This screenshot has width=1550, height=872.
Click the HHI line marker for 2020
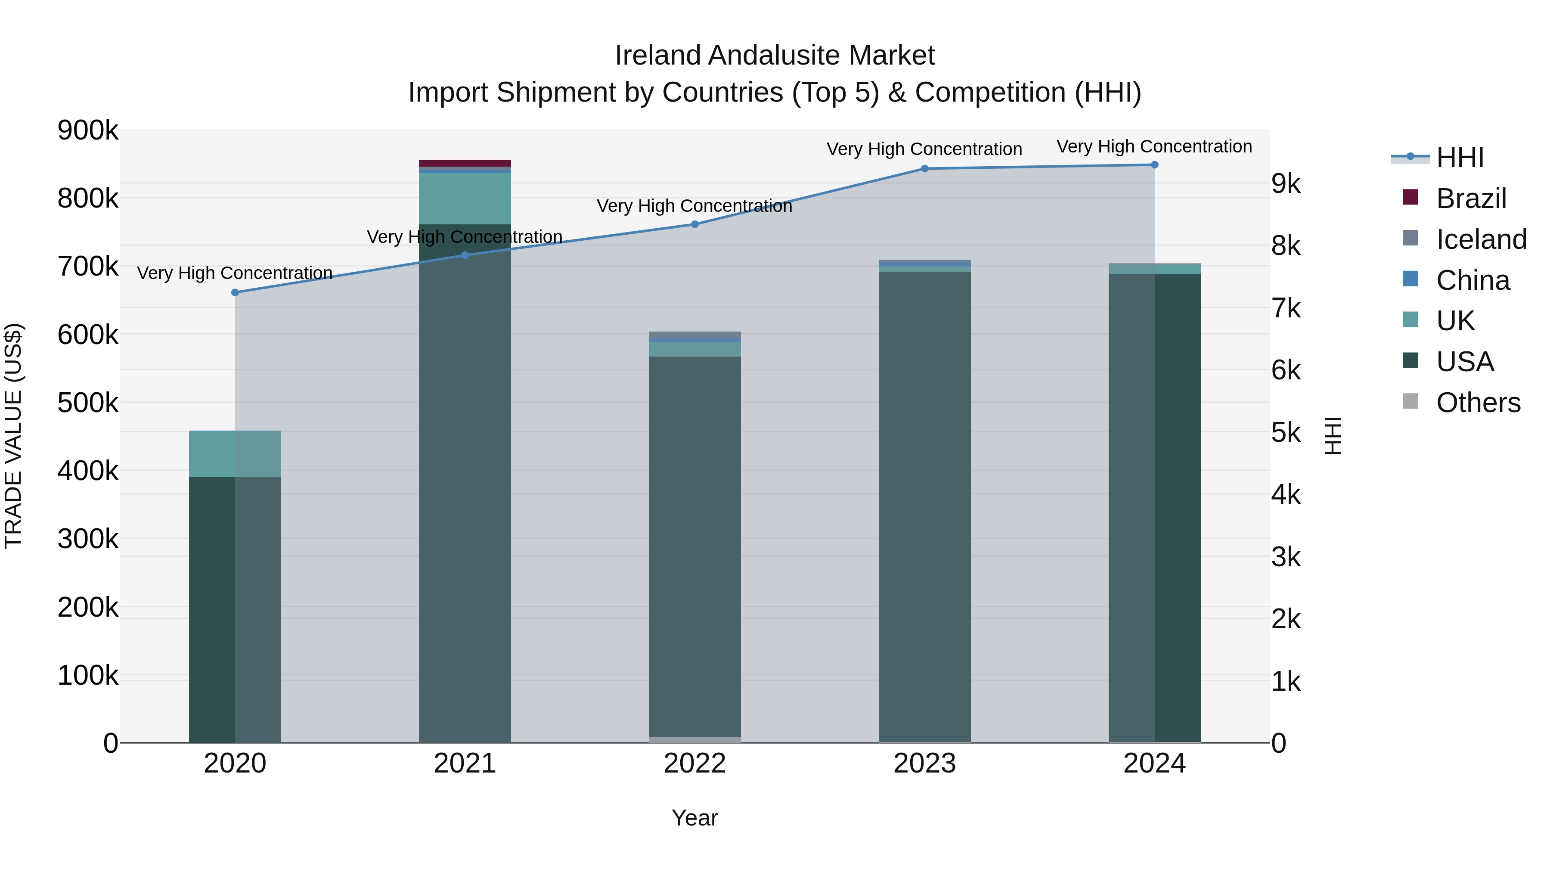(235, 292)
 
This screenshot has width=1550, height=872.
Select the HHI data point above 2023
(925, 168)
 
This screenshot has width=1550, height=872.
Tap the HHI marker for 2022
(695, 224)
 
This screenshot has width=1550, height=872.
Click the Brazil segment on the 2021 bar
(465, 163)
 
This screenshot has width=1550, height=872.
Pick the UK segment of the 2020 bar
(235, 454)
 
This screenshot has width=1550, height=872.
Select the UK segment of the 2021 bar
(465, 199)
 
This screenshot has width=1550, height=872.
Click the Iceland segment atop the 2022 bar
(695, 335)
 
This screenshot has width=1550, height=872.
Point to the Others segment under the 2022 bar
(695, 740)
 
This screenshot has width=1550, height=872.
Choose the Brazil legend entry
(1471, 199)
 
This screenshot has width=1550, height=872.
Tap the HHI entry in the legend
(1459, 158)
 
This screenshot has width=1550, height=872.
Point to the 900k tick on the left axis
(88, 130)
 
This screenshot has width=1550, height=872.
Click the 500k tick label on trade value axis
(88, 403)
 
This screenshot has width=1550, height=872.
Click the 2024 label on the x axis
(1154, 763)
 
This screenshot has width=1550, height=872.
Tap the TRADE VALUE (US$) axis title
(13, 436)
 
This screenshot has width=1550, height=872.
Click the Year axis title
(694, 818)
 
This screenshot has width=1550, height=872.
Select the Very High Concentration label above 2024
(1154, 146)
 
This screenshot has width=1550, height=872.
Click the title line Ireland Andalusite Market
(775, 56)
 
